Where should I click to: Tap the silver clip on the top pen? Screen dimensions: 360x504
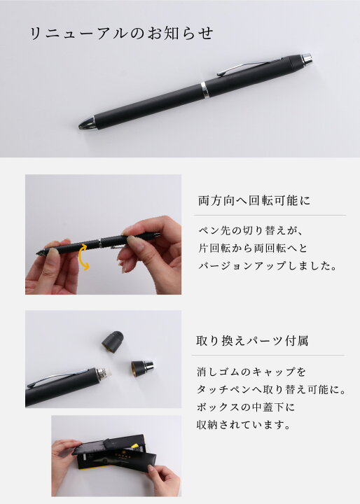coord(249,67)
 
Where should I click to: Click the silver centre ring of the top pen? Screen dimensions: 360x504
coord(205,90)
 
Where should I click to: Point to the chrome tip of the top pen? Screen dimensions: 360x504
coord(87,123)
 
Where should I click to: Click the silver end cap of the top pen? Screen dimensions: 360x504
coord(307,59)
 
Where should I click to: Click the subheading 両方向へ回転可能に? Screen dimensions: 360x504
coord(254,201)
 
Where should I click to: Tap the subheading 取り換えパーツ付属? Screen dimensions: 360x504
coord(252,341)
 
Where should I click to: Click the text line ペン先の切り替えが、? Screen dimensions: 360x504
coord(249,230)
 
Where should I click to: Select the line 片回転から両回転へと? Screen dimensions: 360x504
coord(253,248)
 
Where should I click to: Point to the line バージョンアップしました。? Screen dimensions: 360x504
coord(268,265)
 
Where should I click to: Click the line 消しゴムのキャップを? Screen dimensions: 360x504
coord(251,372)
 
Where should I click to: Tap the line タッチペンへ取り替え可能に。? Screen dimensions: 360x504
coord(271,390)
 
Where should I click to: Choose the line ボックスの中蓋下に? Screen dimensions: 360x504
coord(245,407)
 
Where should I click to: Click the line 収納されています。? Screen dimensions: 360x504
coord(244,425)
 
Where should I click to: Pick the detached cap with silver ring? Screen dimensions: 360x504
coord(142,369)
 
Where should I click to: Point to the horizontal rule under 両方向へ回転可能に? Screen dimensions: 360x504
coord(270,215)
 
